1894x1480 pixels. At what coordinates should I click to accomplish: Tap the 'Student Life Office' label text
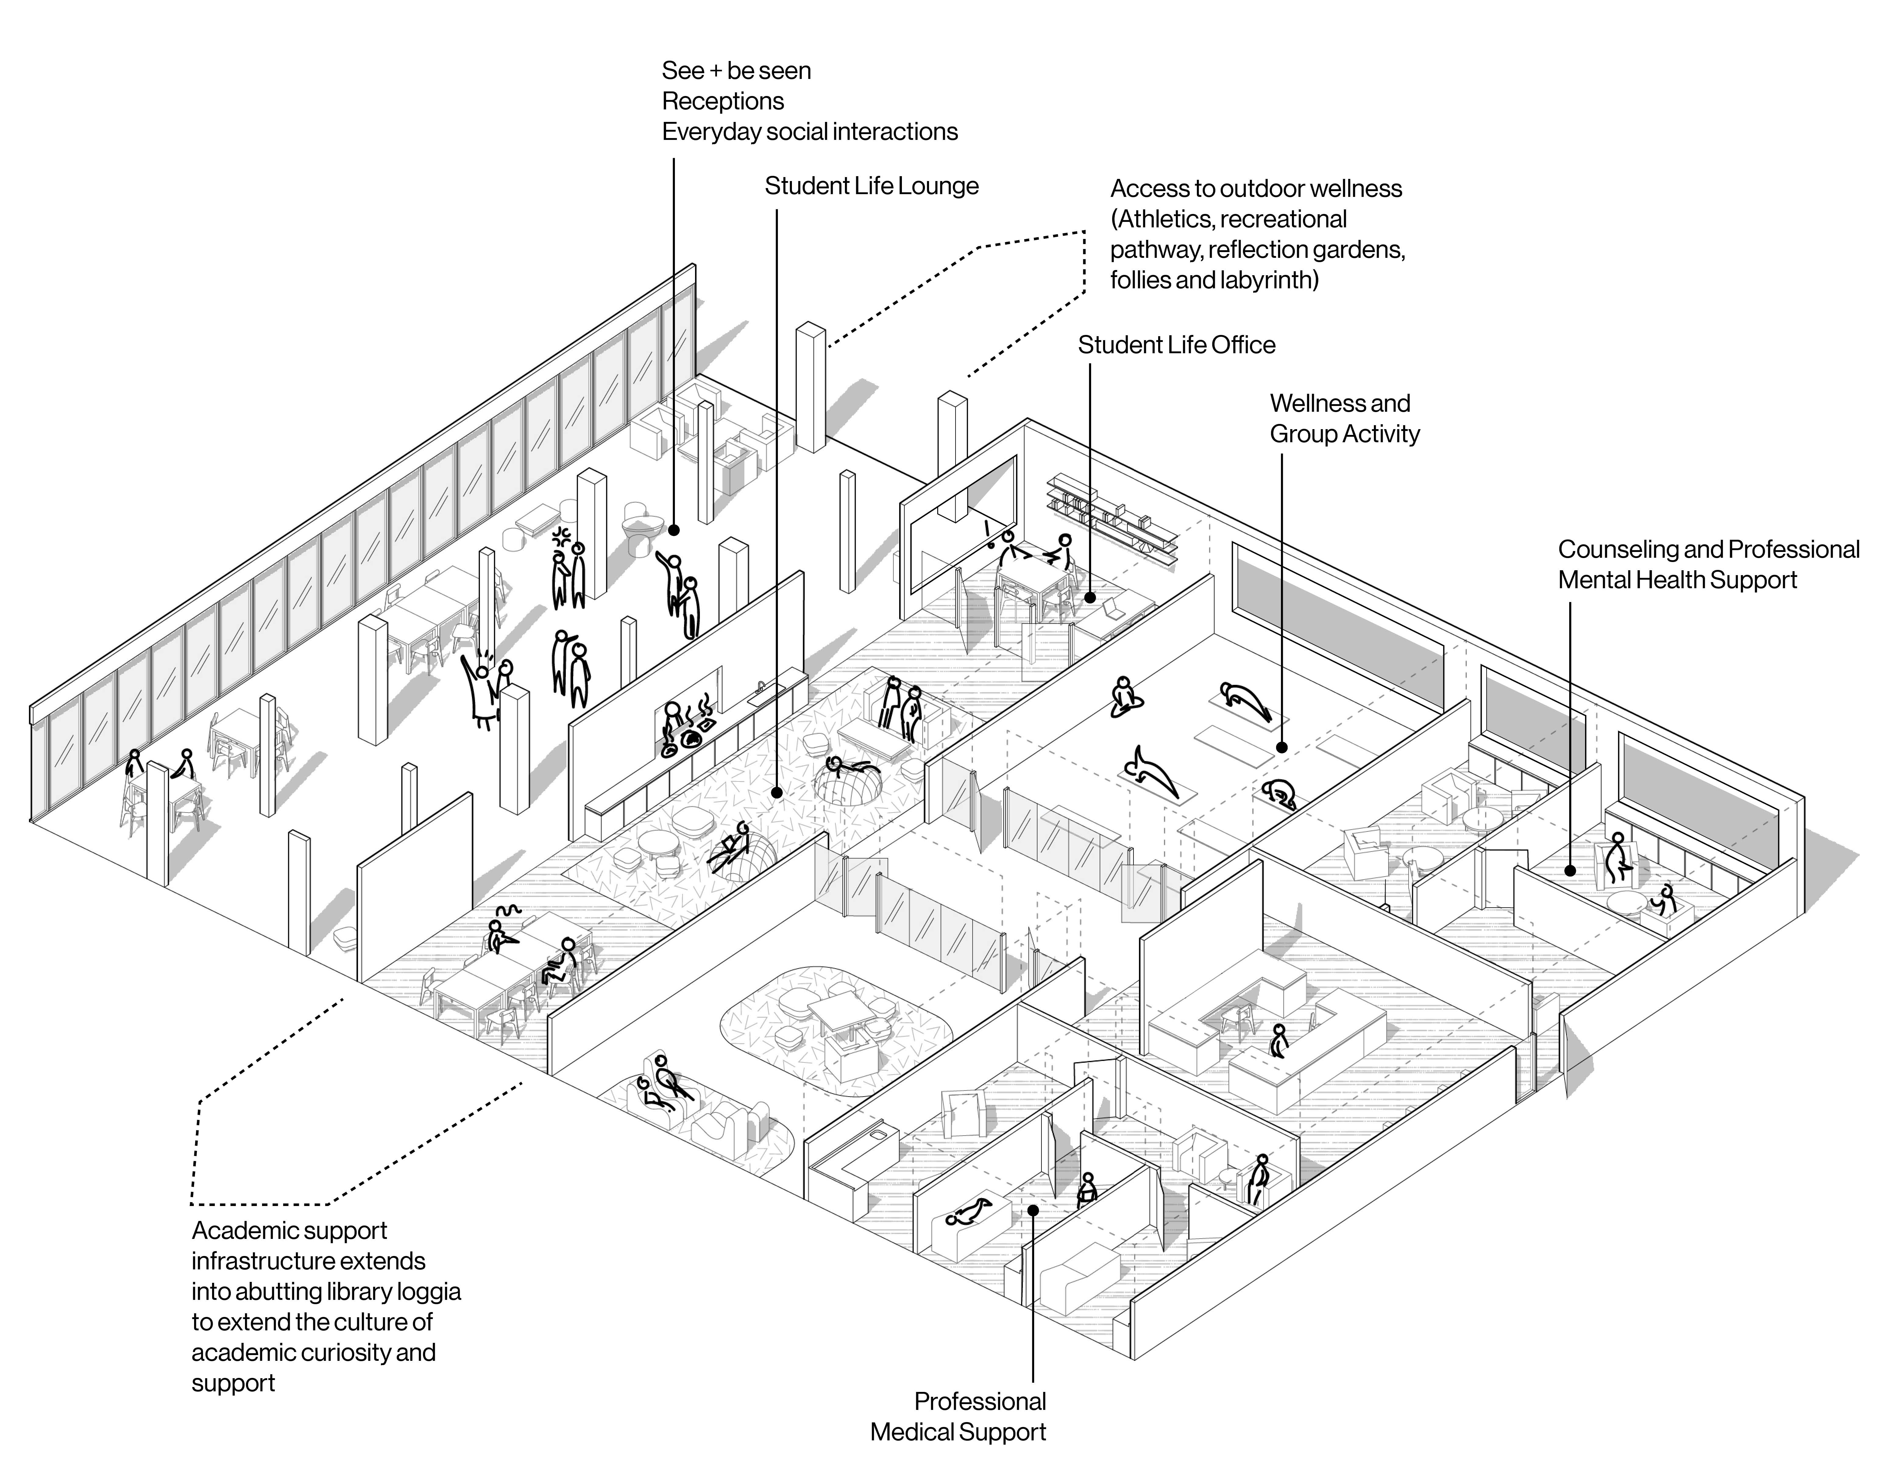click(x=1176, y=345)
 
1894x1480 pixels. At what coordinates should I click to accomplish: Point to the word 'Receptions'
click(x=722, y=101)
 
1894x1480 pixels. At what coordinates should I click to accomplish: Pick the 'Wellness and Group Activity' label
click(x=1344, y=418)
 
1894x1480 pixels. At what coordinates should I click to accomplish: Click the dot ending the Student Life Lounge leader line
click(x=777, y=792)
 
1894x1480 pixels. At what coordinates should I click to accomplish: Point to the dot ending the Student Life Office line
click(x=1090, y=597)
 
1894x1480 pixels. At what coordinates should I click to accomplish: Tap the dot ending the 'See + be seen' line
click(x=674, y=528)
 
